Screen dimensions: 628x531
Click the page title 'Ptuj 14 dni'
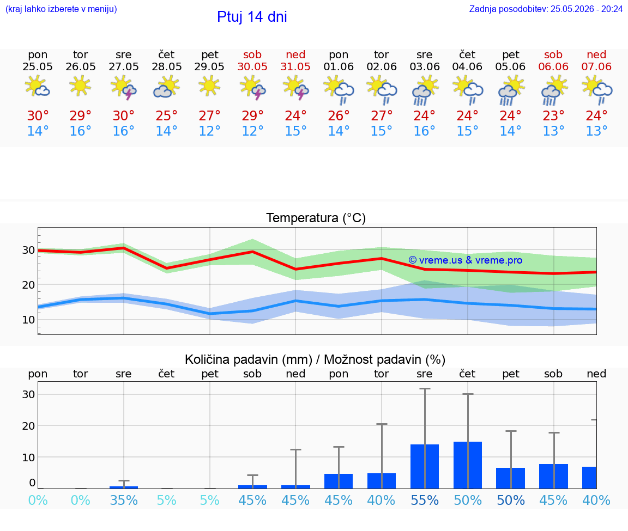pos(252,17)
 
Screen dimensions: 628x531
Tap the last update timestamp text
pos(546,9)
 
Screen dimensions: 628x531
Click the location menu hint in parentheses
pos(61,9)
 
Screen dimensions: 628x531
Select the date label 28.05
pos(167,66)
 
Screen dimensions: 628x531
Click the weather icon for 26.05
pos(80,86)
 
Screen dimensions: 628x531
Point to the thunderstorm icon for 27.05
pos(123,88)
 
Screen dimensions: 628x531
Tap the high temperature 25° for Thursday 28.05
pos(167,115)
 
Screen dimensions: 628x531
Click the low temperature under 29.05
pos(209,131)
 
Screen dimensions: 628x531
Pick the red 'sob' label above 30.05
pos(252,54)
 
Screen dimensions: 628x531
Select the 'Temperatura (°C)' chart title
pos(316,218)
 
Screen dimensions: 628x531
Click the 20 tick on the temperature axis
pos(28,285)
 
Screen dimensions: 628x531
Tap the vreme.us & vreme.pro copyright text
pos(466,260)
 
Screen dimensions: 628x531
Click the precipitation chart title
pos(315,359)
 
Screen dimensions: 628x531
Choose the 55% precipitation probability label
pos(425,500)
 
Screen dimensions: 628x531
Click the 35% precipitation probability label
pos(123,500)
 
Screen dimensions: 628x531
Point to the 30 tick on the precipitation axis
pos(28,394)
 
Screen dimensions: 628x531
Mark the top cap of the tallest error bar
pos(425,388)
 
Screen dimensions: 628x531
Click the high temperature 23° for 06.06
pos(553,115)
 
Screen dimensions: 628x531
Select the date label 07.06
pos(596,66)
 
